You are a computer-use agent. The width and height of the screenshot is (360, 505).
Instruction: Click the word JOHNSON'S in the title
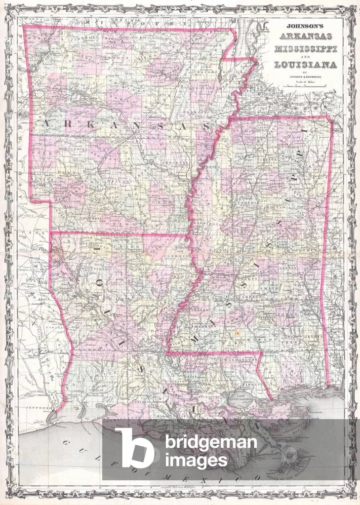[305, 28]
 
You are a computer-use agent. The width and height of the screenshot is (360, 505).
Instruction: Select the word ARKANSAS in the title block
[306, 37]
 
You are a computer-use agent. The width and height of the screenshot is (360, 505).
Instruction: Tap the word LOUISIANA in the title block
[306, 65]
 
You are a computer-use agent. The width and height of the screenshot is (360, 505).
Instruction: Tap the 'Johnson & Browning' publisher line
[306, 77]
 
